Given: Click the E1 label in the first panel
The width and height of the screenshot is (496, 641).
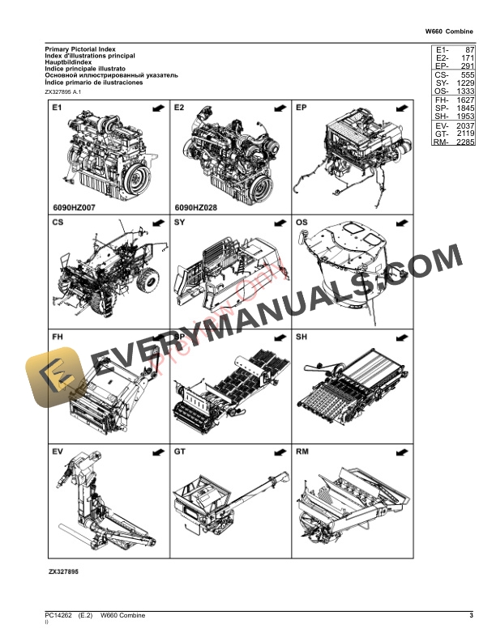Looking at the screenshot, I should tap(58, 108).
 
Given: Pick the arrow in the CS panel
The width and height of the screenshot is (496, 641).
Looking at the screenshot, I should tap(157, 222).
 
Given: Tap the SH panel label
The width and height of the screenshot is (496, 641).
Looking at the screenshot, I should tap(302, 337).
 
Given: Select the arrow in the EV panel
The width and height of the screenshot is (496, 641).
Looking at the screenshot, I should tap(157, 451).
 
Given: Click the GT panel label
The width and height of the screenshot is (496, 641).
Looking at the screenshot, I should tap(181, 451).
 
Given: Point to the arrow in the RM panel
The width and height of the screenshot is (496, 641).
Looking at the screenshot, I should tap(400, 451).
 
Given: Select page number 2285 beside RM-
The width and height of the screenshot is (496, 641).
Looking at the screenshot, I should tap(464, 142).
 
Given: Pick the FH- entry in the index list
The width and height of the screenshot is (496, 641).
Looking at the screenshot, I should tap(442, 100).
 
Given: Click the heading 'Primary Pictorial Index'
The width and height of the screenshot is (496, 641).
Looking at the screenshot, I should tap(79, 49).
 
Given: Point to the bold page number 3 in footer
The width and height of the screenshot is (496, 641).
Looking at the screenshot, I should tap(470, 617).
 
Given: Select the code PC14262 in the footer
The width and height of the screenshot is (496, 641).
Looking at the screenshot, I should tap(58, 617).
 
